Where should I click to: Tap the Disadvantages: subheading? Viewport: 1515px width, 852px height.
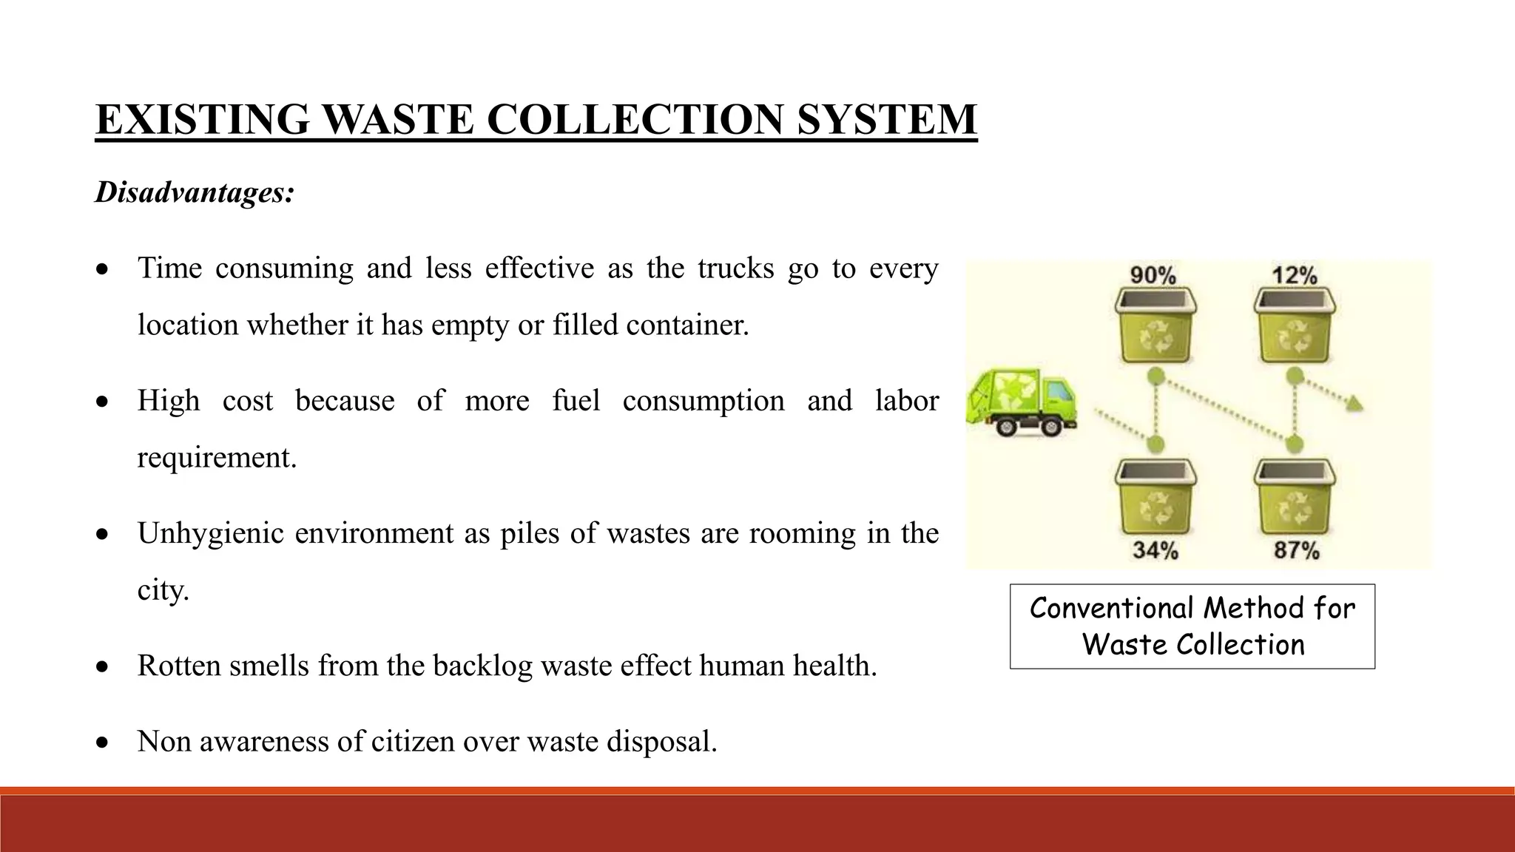(x=195, y=192)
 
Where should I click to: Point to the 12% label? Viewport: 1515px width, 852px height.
(x=1295, y=275)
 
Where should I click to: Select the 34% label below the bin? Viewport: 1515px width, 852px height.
(x=1155, y=550)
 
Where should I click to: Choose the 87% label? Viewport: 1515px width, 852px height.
(x=1296, y=550)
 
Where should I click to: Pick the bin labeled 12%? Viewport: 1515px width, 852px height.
(x=1295, y=325)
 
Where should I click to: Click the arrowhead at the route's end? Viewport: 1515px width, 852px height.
(x=1355, y=404)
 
